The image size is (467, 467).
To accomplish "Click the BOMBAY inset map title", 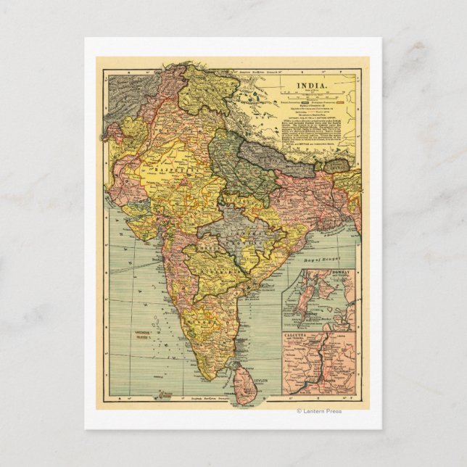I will click(339, 273).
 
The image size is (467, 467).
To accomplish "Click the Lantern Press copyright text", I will click(320, 411).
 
